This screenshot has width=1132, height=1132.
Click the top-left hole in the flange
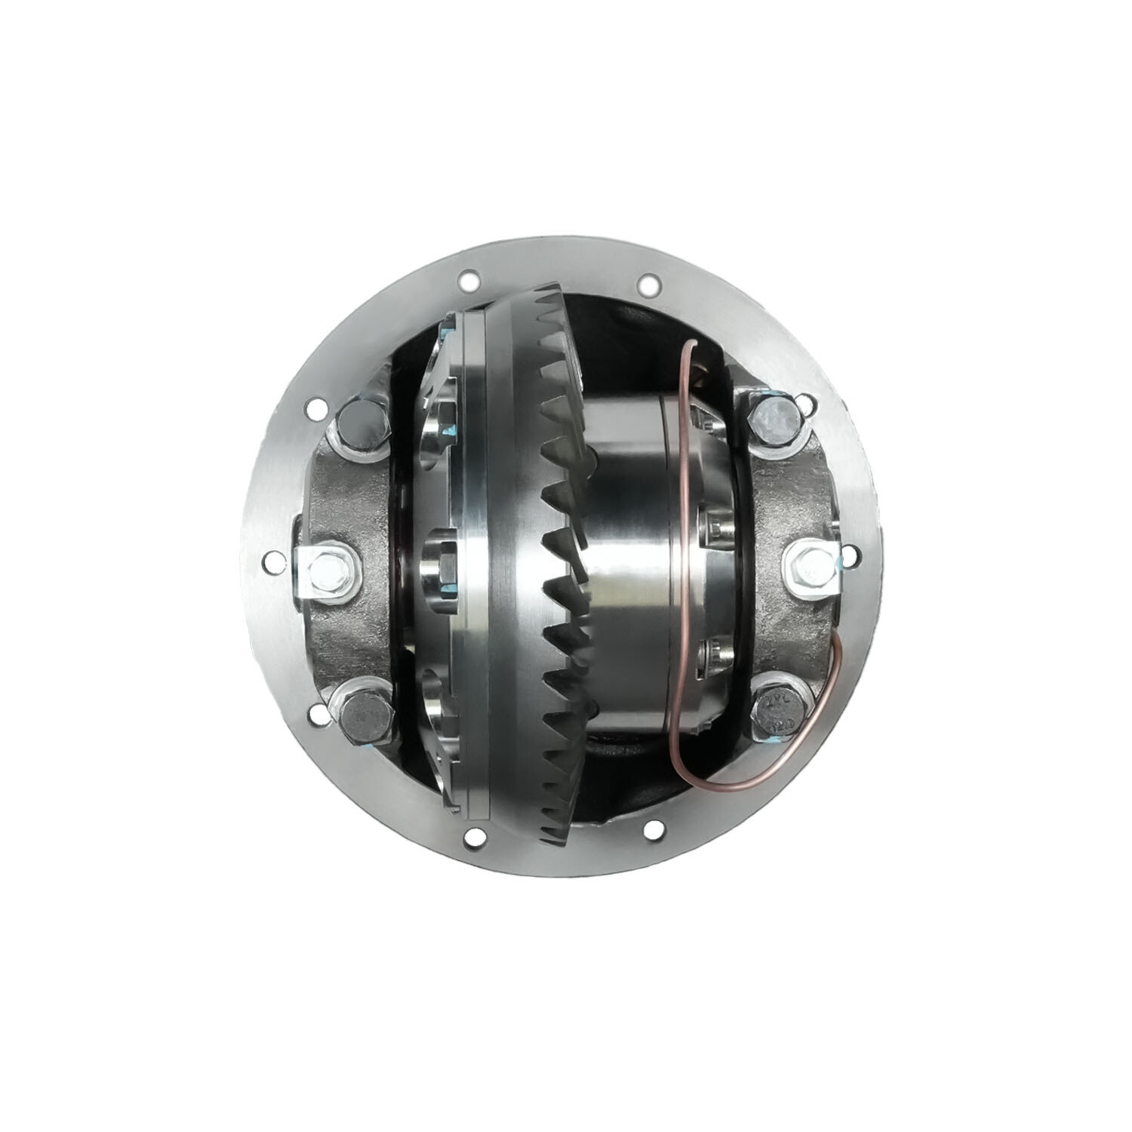468,279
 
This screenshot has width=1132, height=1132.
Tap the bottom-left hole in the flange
473,835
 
